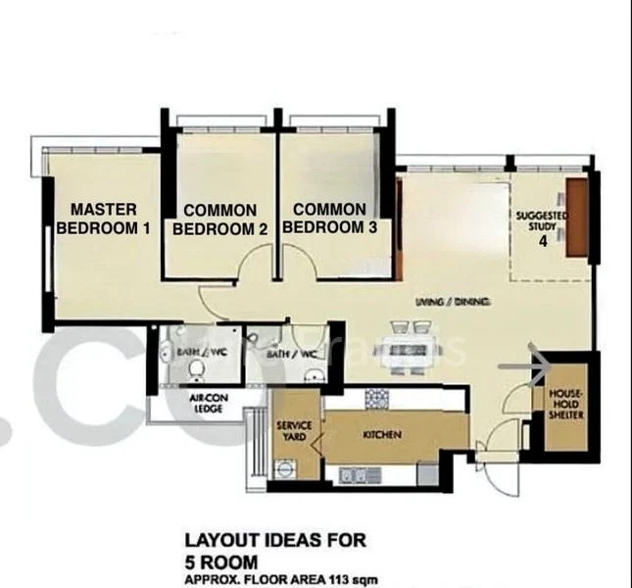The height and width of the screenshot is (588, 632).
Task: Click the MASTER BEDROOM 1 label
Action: click(103, 219)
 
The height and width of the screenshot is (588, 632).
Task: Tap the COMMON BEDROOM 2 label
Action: click(219, 220)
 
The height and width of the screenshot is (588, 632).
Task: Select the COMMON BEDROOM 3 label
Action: click(329, 219)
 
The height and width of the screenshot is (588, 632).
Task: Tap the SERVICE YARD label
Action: click(294, 432)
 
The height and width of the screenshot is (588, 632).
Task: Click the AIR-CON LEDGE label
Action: click(207, 404)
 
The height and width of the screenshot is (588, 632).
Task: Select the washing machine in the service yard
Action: click(285, 469)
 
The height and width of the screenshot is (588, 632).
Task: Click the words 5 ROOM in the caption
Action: click(220, 561)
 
